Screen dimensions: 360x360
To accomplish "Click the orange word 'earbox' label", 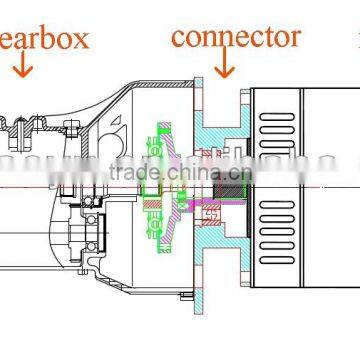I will [x=44, y=39].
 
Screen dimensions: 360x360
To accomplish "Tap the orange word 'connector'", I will [x=235, y=37].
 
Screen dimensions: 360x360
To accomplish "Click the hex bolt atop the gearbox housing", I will [x=70, y=127].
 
